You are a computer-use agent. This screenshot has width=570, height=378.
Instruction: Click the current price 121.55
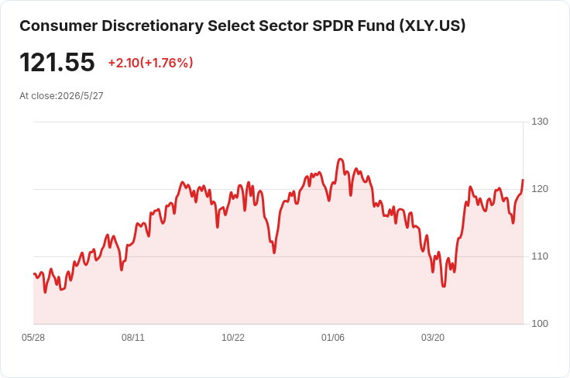(57, 62)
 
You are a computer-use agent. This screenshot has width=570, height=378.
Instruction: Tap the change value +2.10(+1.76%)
(150, 63)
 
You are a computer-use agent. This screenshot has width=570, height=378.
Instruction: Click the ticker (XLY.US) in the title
(432, 26)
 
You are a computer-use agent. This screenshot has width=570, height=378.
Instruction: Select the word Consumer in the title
(59, 26)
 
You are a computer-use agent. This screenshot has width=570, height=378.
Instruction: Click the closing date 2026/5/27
(81, 96)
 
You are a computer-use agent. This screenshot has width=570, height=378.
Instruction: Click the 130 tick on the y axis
(540, 122)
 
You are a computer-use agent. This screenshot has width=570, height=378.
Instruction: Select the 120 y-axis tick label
(540, 189)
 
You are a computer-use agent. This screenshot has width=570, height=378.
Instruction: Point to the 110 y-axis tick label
(540, 256)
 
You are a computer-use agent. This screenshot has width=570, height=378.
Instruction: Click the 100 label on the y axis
(540, 324)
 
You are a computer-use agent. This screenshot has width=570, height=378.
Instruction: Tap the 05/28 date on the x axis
(33, 338)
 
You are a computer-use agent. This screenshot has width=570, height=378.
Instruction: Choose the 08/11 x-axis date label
(133, 338)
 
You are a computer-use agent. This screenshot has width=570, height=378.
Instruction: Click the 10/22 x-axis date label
(233, 338)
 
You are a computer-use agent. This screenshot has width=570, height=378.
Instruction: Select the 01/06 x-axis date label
(332, 338)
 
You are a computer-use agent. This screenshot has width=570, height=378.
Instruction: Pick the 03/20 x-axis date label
(433, 338)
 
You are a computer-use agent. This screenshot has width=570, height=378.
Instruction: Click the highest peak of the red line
(340, 160)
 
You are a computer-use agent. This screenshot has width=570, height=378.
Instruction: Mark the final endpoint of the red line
(523, 180)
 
